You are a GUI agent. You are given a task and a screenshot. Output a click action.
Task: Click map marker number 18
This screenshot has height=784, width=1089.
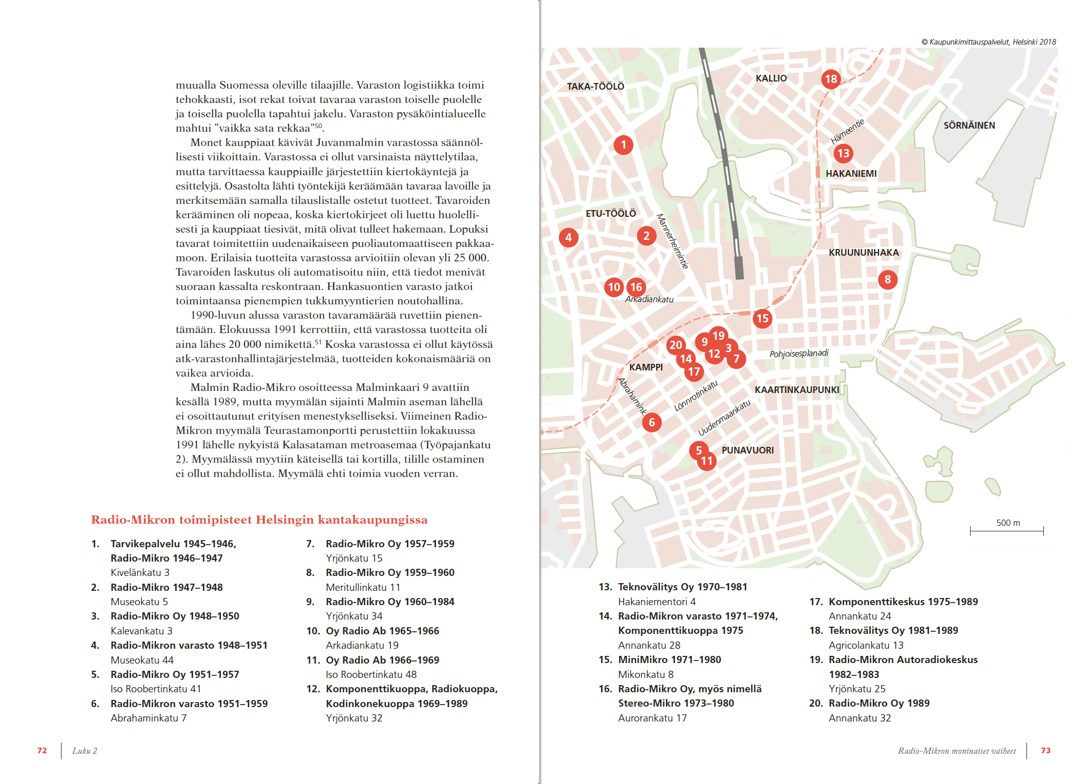click(x=831, y=79)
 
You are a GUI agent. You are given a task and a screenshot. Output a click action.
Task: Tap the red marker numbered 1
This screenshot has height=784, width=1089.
click(x=623, y=145)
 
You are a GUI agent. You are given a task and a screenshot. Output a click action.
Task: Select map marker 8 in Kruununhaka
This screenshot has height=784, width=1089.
click(x=888, y=280)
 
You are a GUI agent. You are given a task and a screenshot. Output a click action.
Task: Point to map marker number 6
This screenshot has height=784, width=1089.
click(x=651, y=422)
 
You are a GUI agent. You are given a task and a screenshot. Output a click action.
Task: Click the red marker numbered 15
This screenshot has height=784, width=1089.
click(x=762, y=318)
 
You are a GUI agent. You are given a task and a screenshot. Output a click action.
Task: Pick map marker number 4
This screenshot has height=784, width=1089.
click(x=568, y=237)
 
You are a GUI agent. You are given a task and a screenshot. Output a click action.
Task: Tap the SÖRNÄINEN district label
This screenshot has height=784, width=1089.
click(x=969, y=126)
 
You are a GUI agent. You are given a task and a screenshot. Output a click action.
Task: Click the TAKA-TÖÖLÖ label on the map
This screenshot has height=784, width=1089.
click(x=595, y=87)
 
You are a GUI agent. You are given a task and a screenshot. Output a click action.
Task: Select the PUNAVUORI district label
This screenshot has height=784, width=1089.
click(x=747, y=450)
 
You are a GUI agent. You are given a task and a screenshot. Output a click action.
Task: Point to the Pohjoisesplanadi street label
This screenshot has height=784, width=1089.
click(x=798, y=354)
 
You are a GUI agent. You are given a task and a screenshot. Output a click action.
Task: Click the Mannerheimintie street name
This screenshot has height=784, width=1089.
click(x=672, y=241)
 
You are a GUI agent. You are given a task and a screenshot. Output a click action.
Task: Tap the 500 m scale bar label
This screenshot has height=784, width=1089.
click(x=1008, y=523)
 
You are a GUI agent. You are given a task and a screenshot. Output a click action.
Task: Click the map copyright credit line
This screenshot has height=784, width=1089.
click(x=989, y=42)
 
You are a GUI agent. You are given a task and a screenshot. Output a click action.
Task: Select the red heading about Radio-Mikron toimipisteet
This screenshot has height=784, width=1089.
click(x=259, y=520)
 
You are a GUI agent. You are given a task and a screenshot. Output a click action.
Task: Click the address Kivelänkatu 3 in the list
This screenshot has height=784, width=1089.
click(x=140, y=572)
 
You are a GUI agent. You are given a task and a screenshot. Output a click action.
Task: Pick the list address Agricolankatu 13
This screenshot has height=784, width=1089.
click(x=866, y=645)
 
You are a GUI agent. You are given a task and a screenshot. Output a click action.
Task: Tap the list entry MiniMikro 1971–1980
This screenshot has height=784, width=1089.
click(x=669, y=659)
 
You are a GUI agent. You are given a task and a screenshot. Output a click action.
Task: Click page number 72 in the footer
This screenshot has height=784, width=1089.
click(x=42, y=751)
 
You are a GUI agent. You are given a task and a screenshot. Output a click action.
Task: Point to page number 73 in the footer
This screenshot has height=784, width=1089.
click(x=1045, y=751)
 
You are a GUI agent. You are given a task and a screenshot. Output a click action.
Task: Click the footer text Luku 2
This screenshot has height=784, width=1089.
click(x=85, y=751)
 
